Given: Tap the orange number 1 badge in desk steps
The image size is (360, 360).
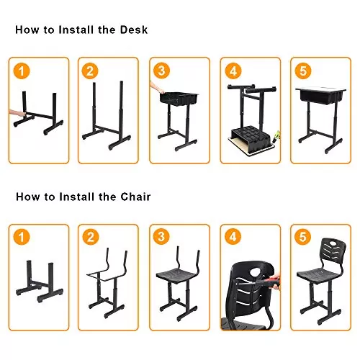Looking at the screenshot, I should click(22, 71).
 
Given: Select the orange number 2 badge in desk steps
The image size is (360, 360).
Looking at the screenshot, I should click(90, 71).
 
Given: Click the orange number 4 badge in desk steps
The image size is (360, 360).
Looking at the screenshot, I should click(232, 71).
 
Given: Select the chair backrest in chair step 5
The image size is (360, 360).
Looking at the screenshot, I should click(325, 253).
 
